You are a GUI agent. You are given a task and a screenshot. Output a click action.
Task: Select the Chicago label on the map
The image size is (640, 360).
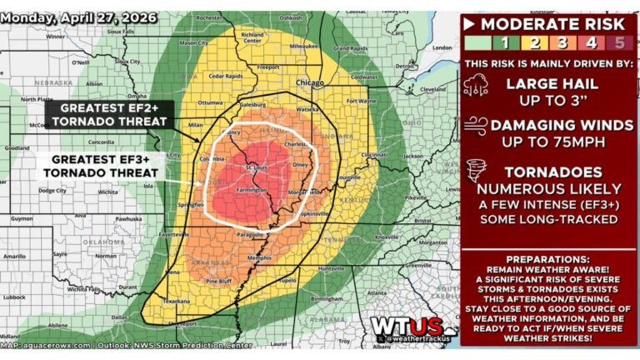(x=310, y=82)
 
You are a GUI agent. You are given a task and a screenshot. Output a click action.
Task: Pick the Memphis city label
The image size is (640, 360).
(x=260, y=258)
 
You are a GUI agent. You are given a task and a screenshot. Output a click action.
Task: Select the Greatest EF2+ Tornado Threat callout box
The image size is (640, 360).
(x=110, y=114)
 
